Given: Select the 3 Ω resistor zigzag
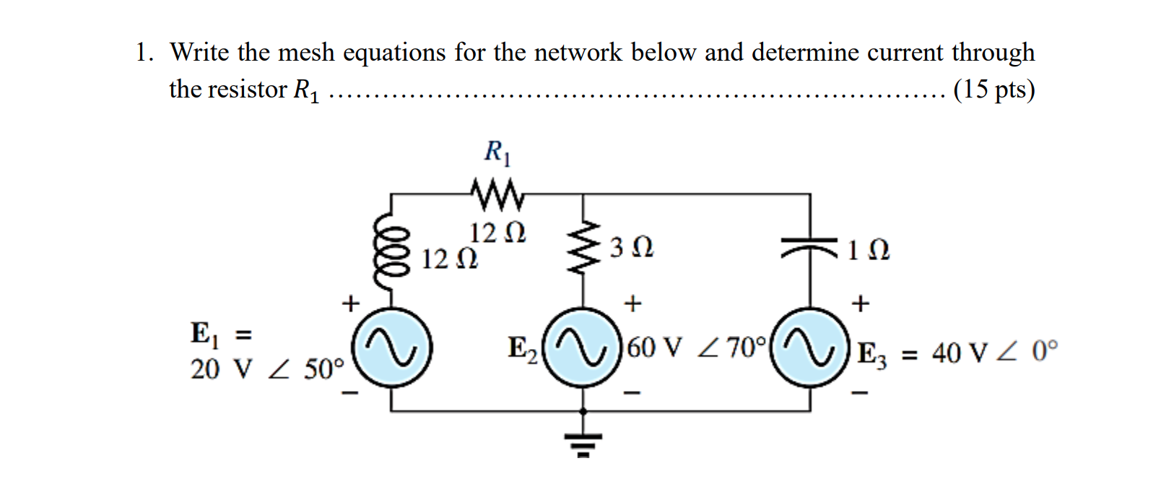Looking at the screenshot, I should coord(583,247).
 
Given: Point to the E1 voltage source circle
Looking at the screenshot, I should coord(392,348).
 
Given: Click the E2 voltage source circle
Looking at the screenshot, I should coord(582,348).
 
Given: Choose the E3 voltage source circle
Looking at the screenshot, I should coord(809,348).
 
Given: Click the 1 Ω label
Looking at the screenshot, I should coord(869,250).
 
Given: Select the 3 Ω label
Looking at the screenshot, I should coord(632,248).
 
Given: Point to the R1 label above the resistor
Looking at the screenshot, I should coord(497,152).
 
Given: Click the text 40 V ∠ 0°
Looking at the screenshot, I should coord(995,353).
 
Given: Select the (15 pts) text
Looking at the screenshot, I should coord(993,89).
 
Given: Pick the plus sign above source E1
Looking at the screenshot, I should coord(350,303).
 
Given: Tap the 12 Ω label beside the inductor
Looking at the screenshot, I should coord(449,259).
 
